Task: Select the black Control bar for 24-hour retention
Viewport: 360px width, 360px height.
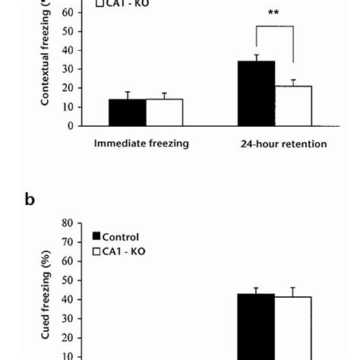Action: [256, 93]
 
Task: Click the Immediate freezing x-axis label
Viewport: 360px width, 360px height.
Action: [141, 143]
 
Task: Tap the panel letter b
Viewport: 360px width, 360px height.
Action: [30, 200]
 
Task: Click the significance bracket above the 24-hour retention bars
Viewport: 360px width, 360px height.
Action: [274, 46]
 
